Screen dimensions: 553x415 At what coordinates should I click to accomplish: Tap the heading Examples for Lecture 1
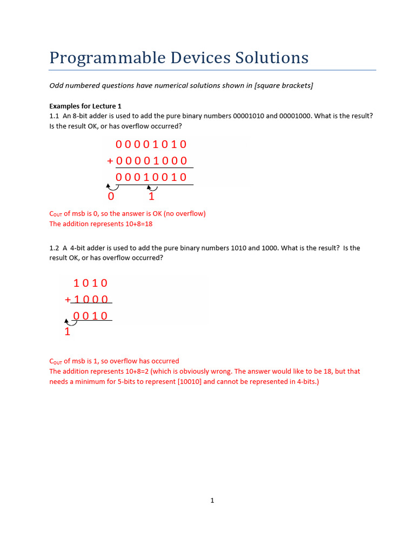click(85, 106)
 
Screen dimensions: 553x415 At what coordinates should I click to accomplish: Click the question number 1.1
click(54, 116)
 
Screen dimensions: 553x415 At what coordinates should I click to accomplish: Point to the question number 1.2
click(54, 248)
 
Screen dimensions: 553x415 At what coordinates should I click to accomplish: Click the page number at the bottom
click(212, 501)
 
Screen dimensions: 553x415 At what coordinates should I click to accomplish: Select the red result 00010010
click(151, 177)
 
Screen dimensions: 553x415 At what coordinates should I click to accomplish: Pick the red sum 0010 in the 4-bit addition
click(91, 316)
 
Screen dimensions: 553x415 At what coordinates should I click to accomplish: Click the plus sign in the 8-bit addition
click(110, 161)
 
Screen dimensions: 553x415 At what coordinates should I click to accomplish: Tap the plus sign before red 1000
click(68, 300)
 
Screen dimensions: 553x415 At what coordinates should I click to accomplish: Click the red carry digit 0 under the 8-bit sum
click(111, 197)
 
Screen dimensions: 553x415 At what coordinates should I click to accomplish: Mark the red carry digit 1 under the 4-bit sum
click(68, 332)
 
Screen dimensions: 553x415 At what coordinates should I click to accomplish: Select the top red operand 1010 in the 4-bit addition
click(91, 283)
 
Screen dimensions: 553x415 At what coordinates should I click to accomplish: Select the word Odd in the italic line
click(57, 86)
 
